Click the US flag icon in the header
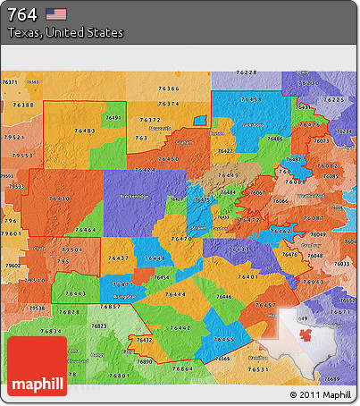tap(56, 13)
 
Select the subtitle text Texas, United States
tap(65, 32)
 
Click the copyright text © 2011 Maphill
tap(321, 394)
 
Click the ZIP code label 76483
tap(86, 131)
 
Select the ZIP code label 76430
tap(60, 199)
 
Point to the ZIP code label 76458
tap(252, 99)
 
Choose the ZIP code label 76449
tap(228, 175)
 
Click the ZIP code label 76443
tap(75, 293)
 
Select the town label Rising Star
tap(125, 296)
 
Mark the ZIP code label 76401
tap(247, 277)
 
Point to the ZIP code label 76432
tap(144, 340)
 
